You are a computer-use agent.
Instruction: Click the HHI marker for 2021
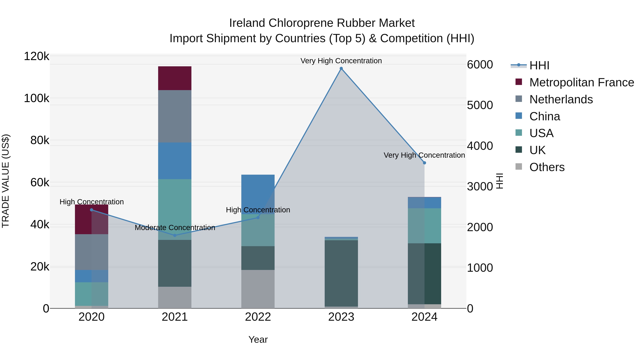[x=175, y=235]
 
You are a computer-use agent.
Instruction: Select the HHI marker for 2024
[x=424, y=163]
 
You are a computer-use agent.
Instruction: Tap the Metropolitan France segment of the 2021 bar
[x=175, y=78]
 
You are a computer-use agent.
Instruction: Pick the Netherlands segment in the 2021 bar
[x=175, y=116]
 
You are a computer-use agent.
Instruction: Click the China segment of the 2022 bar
[x=258, y=194]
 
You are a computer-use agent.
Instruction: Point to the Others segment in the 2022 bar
[x=258, y=289]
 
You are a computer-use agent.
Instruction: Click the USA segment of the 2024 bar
[x=424, y=226]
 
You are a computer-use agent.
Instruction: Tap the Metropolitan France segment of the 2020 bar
[x=91, y=219]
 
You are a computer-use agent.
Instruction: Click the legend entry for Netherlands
[x=561, y=99]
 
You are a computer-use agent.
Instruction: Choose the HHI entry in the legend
[x=539, y=65]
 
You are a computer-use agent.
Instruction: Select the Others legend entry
[x=547, y=167]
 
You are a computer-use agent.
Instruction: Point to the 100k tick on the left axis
[x=36, y=98]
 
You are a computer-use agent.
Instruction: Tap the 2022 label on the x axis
[x=258, y=317]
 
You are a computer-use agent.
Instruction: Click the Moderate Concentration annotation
[x=175, y=228]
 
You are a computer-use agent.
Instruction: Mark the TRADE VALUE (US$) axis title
[x=6, y=181]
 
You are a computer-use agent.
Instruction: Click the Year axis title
[x=258, y=339]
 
